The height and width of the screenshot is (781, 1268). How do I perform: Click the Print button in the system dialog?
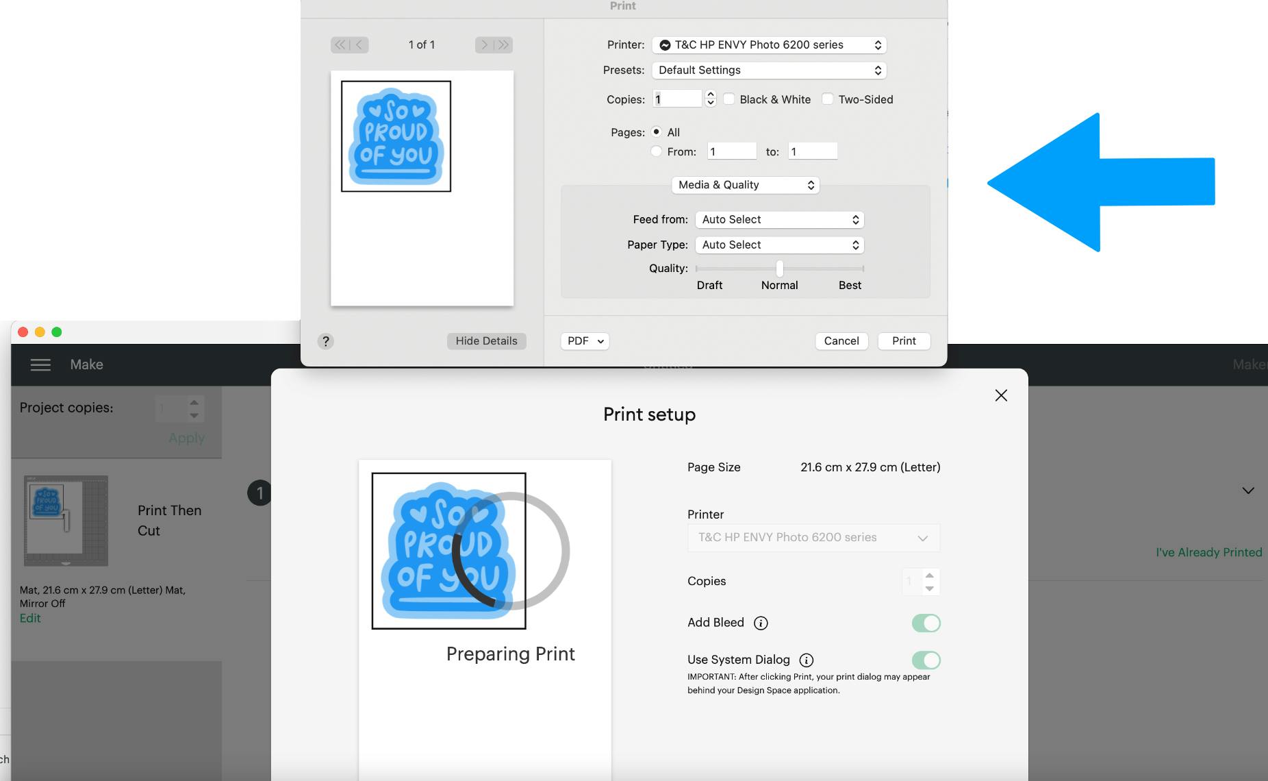point(904,341)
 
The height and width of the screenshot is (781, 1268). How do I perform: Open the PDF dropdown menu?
point(585,341)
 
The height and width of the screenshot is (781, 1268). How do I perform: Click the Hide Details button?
point(486,341)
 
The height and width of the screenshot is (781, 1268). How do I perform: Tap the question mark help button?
point(326,341)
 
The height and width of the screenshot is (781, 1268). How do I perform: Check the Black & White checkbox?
point(729,99)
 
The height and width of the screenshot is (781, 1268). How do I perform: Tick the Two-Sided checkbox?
point(828,99)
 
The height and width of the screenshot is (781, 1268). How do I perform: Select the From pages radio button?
point(657,151)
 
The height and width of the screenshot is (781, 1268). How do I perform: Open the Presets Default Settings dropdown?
point(769,70)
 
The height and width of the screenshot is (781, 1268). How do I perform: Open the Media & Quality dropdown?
point(746,185)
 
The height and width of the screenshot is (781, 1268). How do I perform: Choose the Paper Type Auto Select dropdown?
point(780,245)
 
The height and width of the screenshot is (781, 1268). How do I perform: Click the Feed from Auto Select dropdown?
point(780,219)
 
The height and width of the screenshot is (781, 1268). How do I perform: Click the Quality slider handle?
point(780,269)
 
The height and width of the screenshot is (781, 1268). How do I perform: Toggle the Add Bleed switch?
point(926,623)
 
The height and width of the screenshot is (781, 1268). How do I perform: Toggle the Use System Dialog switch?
point(926,660)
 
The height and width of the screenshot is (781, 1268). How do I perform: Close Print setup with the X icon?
point(1001,395)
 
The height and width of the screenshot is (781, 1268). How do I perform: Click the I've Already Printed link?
point(1208,552)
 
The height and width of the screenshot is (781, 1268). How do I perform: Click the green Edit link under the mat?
point(30,618)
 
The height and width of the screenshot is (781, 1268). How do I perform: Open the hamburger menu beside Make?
point(40,364)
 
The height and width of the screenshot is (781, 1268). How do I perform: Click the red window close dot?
point(23,332)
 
